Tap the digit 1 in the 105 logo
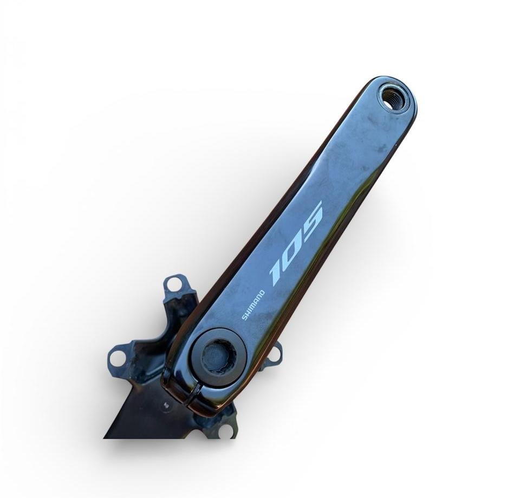click(x=277, y=273)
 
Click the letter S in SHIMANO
click(x=245, y=318)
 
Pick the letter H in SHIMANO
click(x=248, y=313)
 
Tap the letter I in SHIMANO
click(x=249, y=309)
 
